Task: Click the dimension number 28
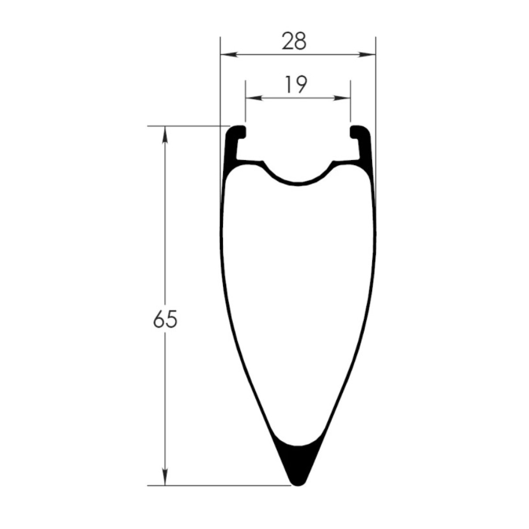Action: [294, 41]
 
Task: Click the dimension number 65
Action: [165, 320]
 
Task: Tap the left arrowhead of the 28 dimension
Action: [229, 55]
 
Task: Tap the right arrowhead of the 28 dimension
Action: [367, 55]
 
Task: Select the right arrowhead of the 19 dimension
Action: [342, 98]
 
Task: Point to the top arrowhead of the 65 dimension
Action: [165, 134]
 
